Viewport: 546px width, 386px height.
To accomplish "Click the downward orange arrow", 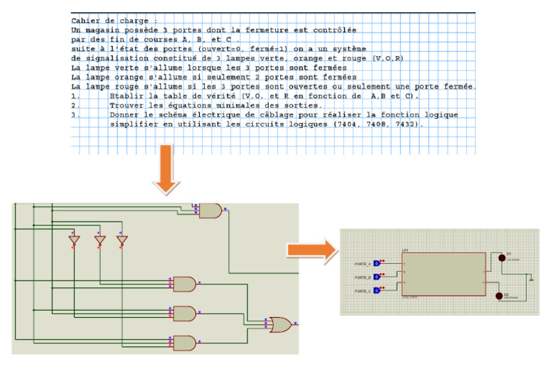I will click(x=166, y=169).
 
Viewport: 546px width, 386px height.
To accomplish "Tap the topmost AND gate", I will click(x=210, y=210).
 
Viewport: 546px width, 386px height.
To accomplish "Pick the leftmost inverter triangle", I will click(x=73, y=240).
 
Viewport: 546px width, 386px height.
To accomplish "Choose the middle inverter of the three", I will click(x=100, y=240).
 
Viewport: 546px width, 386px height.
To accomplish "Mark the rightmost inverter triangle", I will click(x=122, y=240).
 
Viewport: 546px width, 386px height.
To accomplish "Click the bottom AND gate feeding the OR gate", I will click(x=184, y=343).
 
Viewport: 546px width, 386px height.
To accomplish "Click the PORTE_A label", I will click(x=362, y=264).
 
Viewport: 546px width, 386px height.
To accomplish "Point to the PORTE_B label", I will click(x=362, y=277).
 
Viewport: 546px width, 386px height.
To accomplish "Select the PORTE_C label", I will click(x=362, y=291).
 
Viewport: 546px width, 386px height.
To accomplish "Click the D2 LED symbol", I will click(x=500, y=295).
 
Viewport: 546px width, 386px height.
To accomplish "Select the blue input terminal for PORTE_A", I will click(x=377, y=264).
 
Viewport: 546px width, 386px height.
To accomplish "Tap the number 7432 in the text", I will click(x=407, y=124).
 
